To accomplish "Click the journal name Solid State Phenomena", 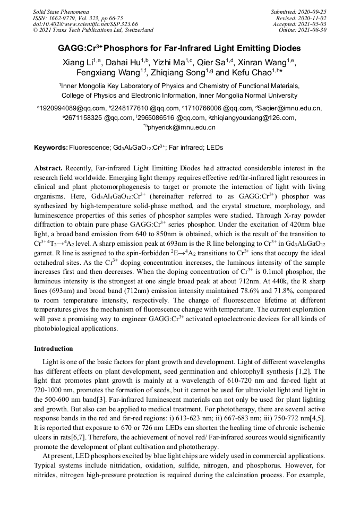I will point(61,11).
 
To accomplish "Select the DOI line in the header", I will point(85,24).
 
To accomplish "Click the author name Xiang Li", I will point(77,62).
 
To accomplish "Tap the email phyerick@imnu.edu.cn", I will point(182,127).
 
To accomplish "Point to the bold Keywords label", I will point(51,147).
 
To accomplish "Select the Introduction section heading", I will point(54,349).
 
